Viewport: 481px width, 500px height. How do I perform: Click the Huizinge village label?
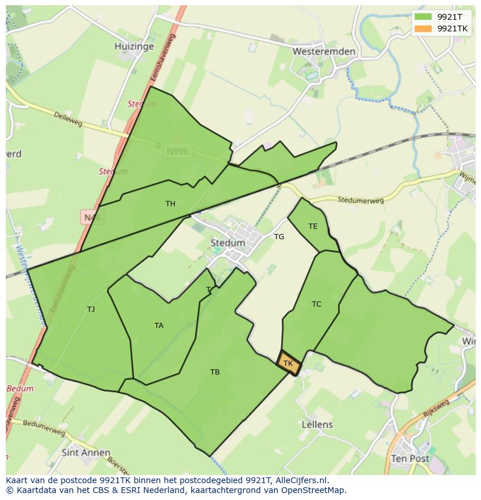(x=134, y=46)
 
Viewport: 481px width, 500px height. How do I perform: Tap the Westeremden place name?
(x=324, y=51)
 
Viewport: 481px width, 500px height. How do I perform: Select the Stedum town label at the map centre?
(x=228, y=243)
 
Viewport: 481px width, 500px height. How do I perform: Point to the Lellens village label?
(x=317, y=425)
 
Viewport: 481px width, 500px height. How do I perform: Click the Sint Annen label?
(x=86, y=452)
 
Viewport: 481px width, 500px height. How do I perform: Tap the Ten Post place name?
(x=410, y=458)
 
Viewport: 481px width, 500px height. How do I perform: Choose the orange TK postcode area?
(x=288, y=364)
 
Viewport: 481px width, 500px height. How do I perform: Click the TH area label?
(x=170, y=204)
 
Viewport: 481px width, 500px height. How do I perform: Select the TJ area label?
(x=91, y=309)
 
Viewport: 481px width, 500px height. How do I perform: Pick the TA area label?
(x=159, y=326)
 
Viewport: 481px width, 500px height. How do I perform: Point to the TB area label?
(x=215, y=372)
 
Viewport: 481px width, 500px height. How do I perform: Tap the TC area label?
(x=317, y=304)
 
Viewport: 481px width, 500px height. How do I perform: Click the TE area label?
(x=313, y=226)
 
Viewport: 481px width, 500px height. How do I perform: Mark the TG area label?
(x=279, y=236)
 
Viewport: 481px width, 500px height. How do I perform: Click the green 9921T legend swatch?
(x=423, y=16)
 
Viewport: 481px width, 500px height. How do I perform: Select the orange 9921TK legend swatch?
(x=423, y=28)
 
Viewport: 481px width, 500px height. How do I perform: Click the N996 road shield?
(x=177, y=152)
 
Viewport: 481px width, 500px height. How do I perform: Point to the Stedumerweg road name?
(x=361, y=200)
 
